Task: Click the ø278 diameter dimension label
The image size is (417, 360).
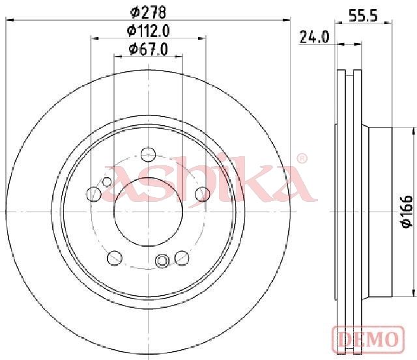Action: [149, 12]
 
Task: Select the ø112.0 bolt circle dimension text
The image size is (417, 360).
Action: [149, 31]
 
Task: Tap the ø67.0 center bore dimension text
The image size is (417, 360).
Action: [149, 49]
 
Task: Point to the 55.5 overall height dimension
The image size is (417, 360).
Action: [364, 16]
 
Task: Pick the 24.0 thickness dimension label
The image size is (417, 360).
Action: [314, 36]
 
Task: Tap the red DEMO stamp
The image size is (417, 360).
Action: [368, 339]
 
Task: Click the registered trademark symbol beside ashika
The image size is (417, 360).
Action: [302, 159]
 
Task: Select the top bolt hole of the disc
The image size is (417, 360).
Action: [148, 154]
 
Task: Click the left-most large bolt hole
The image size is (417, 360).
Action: [94, 194]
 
